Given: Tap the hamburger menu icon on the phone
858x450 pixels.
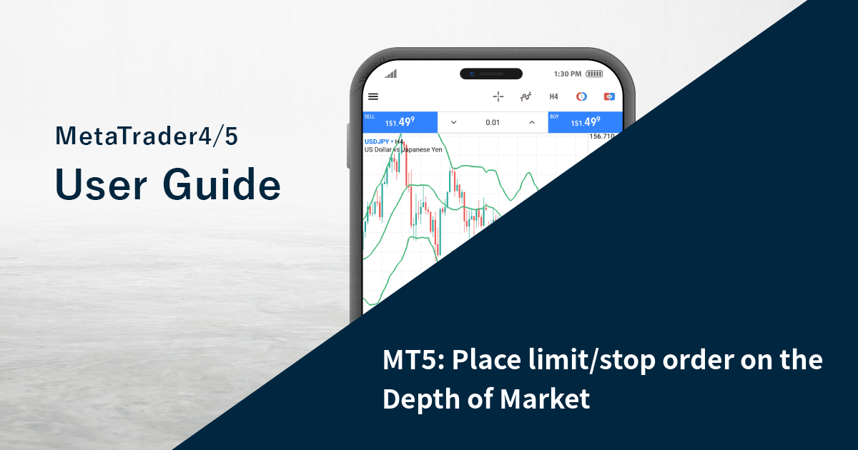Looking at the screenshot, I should coord(373,96).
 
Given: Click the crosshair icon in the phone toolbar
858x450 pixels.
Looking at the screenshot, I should coord(498,96).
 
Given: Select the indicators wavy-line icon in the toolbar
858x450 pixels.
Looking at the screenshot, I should coord(526,96).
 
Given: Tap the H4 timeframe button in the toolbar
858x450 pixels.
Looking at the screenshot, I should coord(553,96).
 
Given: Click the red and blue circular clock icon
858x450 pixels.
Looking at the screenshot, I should coord(581,96).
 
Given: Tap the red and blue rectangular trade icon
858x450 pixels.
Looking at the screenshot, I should coord(609,96).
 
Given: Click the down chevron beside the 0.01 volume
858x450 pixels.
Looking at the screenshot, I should coord(453,122).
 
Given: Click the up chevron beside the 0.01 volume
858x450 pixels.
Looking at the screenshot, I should coord(532,122).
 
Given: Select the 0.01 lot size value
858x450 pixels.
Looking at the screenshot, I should coord(493,122).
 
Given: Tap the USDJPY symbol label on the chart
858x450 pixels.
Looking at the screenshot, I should coord(377,141).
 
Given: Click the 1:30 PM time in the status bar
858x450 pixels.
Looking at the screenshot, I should coord(568,74).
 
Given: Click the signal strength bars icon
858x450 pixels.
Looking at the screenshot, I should coord(390,74).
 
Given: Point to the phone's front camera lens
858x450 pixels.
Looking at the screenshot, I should coord(473,74).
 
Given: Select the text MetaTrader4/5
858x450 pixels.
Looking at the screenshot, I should coord(146,136).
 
